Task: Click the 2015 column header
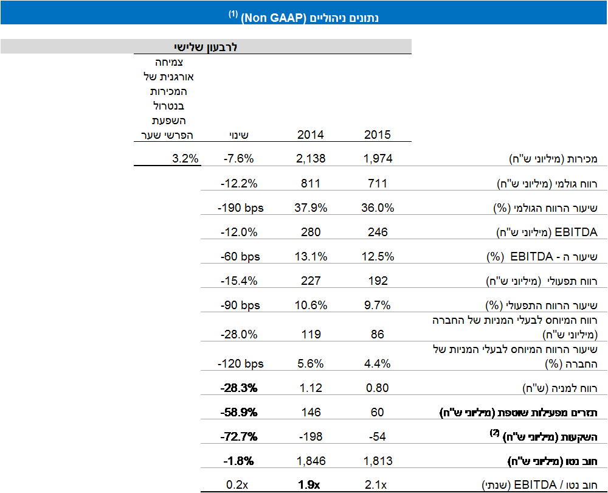[x=378, y=135]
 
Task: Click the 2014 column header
[x=310, y=135]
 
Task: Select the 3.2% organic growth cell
[x=185, y=159]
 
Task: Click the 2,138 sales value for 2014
[x=310, y=159]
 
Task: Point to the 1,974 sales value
[x=378, y=159]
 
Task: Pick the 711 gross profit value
[x=378, y=183]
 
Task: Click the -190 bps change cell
[x=241, y=208]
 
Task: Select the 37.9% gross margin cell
[x=310, y=208]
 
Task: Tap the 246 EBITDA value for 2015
[x=378, y=232]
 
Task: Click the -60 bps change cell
[x=241, y=257]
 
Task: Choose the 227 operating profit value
[x=310, y=281]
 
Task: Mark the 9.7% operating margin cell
[x=378, y=306]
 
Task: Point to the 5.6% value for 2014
[x=310, y=364]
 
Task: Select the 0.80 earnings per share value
[x=378, y=388]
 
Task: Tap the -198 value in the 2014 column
[x=310, y=436]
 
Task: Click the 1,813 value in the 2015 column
[x=378, y=461]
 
